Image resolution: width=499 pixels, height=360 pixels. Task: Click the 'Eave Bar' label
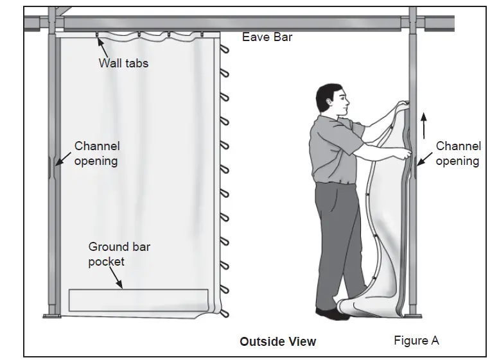267,37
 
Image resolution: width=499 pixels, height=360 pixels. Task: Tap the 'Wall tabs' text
123,63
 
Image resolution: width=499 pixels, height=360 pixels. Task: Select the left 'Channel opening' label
97,154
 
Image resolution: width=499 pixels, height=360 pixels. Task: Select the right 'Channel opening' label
458,154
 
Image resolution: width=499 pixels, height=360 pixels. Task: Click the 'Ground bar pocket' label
119,253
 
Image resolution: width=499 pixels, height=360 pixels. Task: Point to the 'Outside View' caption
277,341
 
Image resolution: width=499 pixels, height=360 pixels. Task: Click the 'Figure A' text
416,341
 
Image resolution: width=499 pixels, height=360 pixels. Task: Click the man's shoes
333,313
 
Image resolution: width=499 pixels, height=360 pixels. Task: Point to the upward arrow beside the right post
424,126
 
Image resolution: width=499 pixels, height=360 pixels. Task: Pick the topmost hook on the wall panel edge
224,49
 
